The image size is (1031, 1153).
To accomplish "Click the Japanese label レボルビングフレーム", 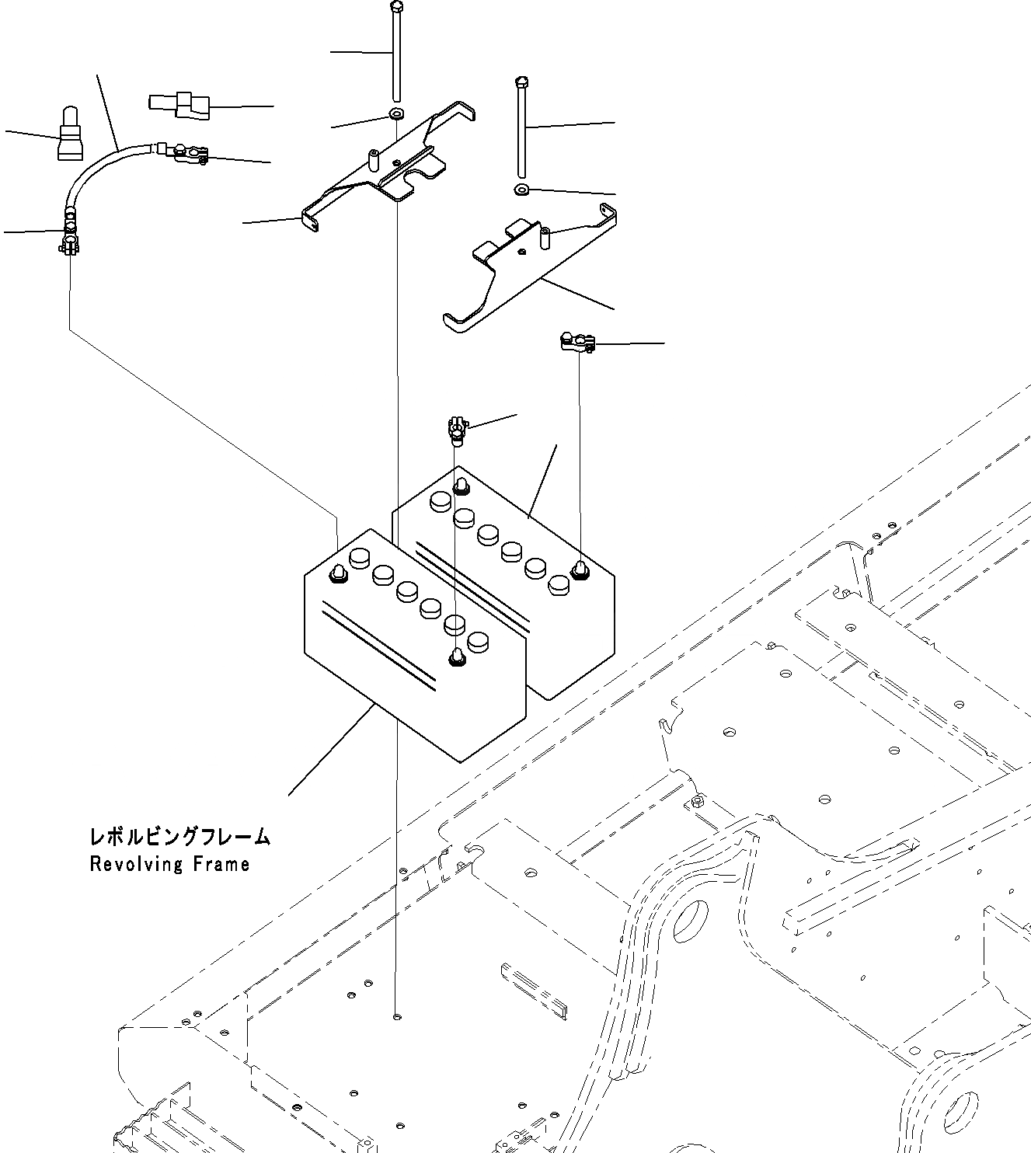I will coord(180,837).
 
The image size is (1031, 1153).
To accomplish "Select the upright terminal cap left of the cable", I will coord(69,138).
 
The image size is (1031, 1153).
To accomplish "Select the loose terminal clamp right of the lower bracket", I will coord(576,341).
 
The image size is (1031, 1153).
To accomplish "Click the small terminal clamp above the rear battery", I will coord(456,430).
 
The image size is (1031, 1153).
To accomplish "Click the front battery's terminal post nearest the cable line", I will coord(337,574).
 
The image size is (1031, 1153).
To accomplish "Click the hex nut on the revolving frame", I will coord(697,801).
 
